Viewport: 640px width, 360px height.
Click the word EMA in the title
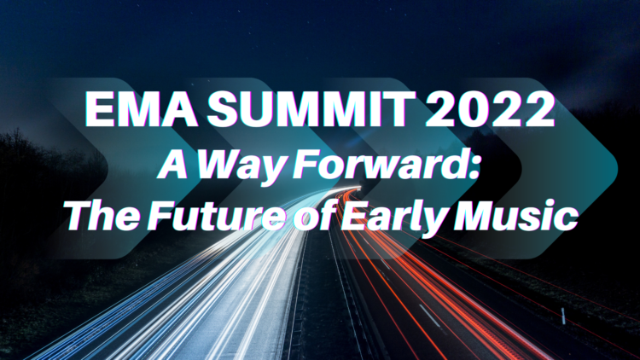(x=141, y=110)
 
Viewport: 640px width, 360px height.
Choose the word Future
(x=216, y=216)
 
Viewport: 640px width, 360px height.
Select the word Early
(x=394, y=218)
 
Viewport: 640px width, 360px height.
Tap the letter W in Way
(x=224, y=165)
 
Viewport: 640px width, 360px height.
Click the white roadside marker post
(x=564, y=316)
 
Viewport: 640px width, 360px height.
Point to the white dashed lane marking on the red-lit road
(x=430, y=316)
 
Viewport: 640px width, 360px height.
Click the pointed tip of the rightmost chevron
(x=617, y=168)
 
